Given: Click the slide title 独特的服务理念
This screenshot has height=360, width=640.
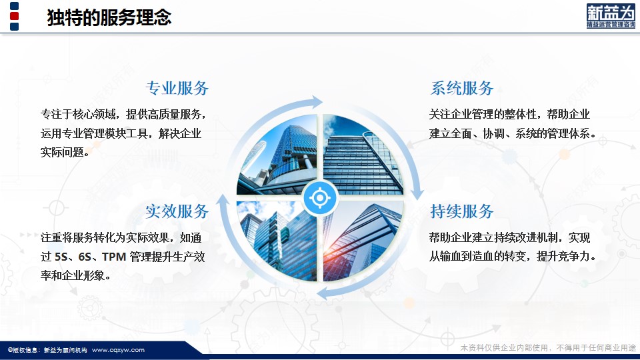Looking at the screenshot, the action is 109,17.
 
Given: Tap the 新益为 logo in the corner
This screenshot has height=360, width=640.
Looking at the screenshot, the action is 611,16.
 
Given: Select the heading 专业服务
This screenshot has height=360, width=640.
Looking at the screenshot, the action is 177,88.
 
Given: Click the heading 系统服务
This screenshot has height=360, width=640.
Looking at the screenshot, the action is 461,88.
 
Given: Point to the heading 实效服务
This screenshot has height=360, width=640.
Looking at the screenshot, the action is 177,211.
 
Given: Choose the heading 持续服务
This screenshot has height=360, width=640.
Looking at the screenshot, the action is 461,211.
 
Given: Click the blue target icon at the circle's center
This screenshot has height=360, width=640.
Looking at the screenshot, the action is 320,198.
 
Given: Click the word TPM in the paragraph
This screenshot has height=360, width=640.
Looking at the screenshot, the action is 114,257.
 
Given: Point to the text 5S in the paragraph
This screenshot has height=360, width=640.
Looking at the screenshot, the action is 61,257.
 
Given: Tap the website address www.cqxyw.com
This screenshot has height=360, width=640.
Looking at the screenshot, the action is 118,350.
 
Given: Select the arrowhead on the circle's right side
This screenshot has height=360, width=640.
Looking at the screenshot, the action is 417,193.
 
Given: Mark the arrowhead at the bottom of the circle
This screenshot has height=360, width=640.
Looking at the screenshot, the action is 323,294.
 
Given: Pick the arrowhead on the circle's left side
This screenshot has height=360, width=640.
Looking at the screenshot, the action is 223,201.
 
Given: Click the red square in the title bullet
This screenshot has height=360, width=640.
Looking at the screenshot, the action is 14,16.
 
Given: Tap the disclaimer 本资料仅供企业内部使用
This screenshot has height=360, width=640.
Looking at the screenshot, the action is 504,348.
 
